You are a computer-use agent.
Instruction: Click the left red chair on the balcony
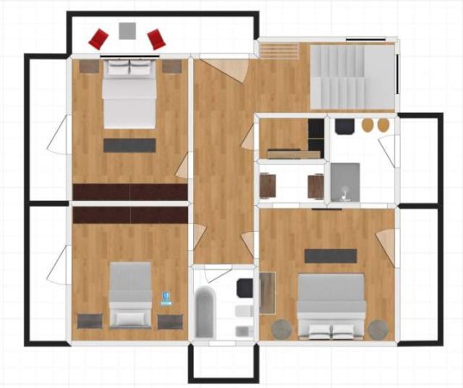pos(98,38)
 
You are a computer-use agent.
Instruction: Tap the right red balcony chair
pos(156,38)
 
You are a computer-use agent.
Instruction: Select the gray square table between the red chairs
pos(128,31)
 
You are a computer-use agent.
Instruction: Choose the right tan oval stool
pos(384,126)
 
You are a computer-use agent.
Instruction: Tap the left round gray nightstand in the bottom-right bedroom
pos(282,329)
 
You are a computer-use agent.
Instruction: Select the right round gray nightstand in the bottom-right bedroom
pos(378,329)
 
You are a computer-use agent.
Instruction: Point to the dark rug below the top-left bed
pos(130,145)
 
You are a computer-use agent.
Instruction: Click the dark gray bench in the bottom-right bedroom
pos(330,255)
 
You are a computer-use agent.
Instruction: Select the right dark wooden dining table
pos(316,184)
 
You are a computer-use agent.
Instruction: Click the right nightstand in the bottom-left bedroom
pos(169,321)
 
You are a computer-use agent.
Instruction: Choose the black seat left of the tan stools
pos(343,126)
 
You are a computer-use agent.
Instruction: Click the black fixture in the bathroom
pos(245,286)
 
